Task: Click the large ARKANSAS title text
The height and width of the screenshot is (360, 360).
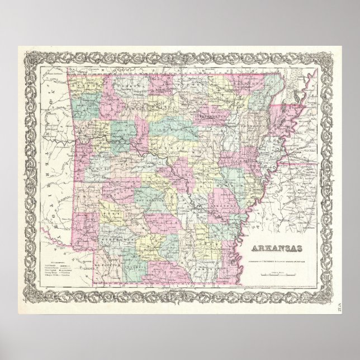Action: point(277,248)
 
